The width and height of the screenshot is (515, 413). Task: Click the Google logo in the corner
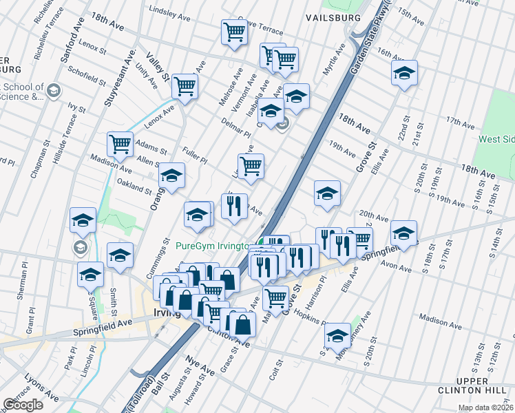(23, 405)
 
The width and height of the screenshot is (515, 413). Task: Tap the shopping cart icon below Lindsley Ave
(234, 32)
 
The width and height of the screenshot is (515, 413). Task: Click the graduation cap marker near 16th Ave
(404, 72)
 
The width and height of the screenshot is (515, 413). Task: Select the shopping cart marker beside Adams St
(120, 145)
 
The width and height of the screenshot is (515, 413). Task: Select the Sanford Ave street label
(72, 45)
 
